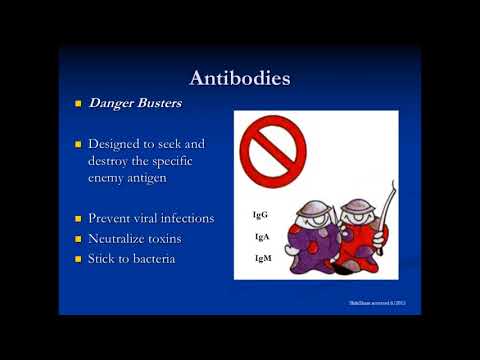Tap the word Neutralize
(126, 240)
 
